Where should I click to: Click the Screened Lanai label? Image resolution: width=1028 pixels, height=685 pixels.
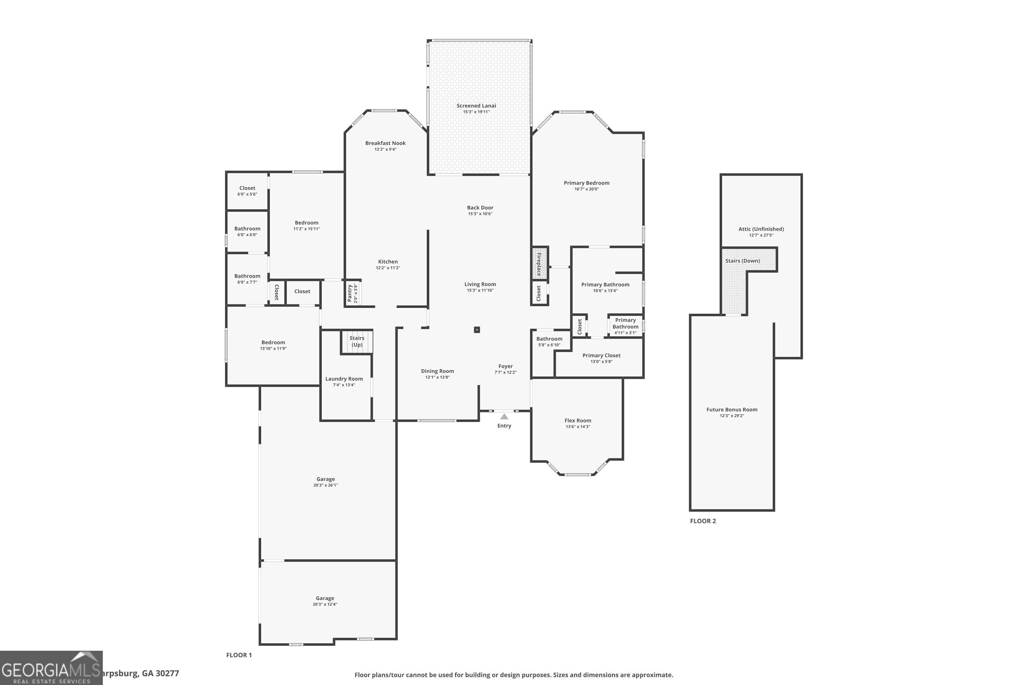tap(476, 106)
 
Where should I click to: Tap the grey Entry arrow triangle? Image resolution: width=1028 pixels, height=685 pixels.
tap(504, 417)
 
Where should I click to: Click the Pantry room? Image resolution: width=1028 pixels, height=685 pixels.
tap(352, 293)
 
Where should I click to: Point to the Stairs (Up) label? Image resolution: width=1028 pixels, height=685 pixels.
tap(357, 341)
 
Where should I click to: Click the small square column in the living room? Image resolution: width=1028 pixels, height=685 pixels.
tap(477, 330)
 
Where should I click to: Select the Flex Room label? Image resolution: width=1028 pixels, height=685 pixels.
tap(577, 421)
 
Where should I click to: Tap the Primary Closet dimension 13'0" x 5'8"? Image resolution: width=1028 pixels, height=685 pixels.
tap(601, 362)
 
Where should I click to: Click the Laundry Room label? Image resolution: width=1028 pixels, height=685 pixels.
tap(344, 379)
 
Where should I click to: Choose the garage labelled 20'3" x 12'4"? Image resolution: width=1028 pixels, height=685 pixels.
tap(325, 601)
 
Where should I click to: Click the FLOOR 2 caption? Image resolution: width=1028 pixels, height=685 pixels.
tap(703, 521)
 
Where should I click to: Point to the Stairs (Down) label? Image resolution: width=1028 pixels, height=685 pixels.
tap(742, 261)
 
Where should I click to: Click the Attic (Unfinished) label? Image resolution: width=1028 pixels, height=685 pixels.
tap(761, 229)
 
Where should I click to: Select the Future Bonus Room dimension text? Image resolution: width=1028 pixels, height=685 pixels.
tap(732, 416)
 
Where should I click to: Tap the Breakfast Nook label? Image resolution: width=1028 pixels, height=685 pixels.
tap(385, 143)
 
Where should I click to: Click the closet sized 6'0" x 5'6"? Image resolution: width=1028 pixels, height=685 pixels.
tap(247, 191)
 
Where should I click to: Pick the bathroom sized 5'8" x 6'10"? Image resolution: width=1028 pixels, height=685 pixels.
tap(549, 341)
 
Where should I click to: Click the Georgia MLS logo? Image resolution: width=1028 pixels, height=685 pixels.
tap(51, 668)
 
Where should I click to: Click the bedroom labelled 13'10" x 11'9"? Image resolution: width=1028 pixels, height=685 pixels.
tap(273, 345)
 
